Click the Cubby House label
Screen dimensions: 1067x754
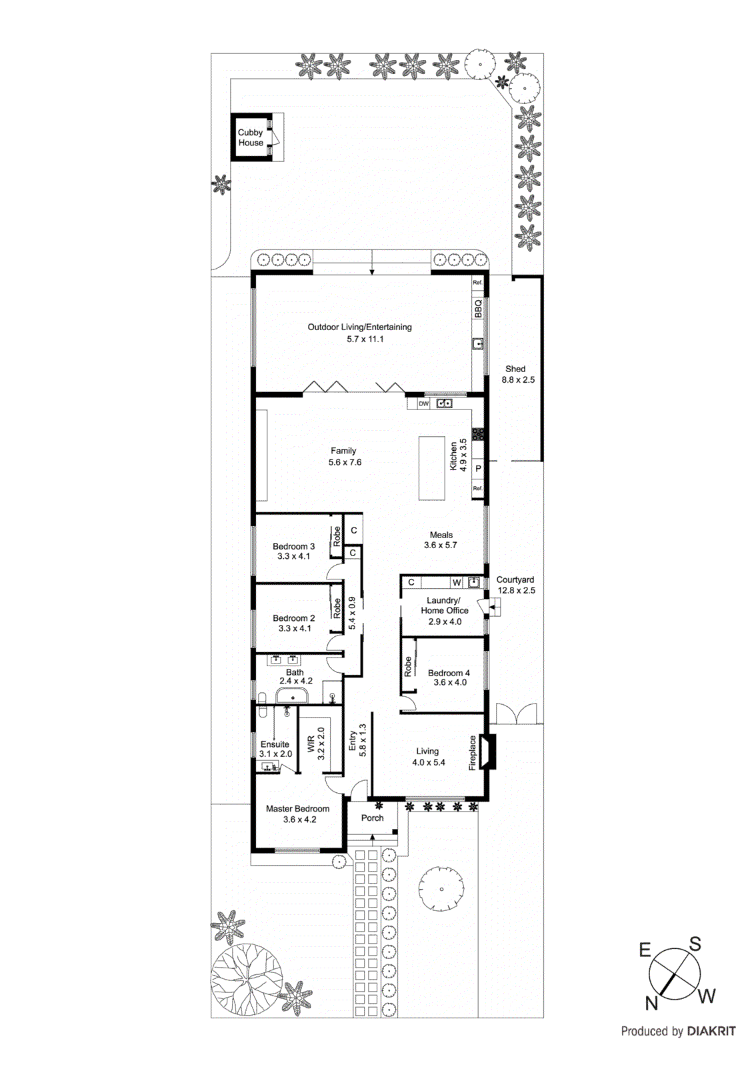pyautogui.click(x=251, y=137)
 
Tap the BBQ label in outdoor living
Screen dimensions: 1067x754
pyautogui.click(x=478, y=308)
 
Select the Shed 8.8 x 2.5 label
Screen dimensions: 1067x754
pyautogui.click(x=517, y=374)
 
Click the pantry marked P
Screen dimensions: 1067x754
pyautogui.click(x=478, y=468)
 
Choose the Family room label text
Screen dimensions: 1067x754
pyautogui.click(x=344, y=456)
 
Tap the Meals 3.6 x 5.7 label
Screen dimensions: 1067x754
pyautogui.click(x=441, y=540)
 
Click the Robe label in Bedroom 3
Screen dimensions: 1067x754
pyautogui.click(x=337, y=536)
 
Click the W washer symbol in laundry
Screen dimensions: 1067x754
pyautogui.click(x=457, y=582)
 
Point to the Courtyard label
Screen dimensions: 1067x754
pyautogui.click(x=515, y=585)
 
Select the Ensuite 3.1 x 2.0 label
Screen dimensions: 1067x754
pyautogui.click(x=275, y=749)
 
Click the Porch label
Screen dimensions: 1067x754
pyautogui.click(x=373, y=818)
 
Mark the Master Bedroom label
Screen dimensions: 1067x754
pyautogui.click(x=298, y=814)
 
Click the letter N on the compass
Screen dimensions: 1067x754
pyautogui.click(x=651, y=1002)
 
